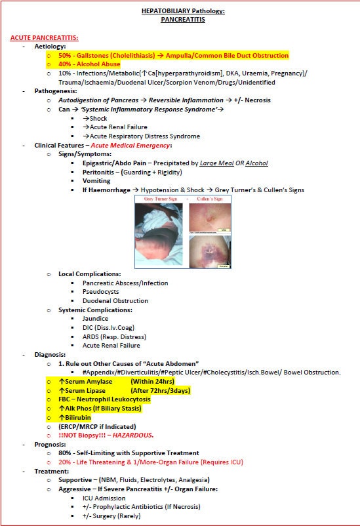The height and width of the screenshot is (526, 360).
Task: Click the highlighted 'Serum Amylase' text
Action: click(x=89, y=381)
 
